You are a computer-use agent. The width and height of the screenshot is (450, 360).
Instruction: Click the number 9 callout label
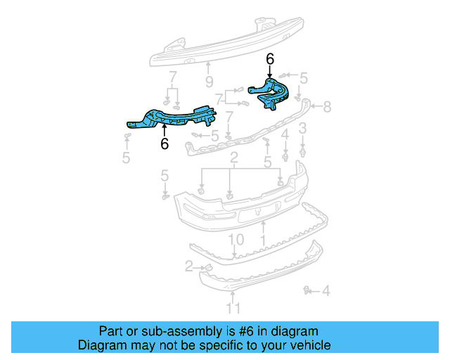tap(209, 82)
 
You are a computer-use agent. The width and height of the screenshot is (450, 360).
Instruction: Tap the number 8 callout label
tap(326, 108)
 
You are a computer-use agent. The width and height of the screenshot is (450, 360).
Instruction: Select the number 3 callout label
tap(302, 128)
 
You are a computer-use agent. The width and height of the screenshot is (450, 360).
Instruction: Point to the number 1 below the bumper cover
tap(263, 240)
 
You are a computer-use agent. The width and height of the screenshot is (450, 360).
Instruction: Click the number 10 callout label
tap(236, 240)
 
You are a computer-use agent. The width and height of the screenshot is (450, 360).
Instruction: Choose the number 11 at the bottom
tap(233, 307)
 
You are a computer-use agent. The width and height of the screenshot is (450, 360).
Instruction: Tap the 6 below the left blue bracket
tap(165, 144)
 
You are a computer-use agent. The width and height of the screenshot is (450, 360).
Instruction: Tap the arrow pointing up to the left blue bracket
tap(165, 130)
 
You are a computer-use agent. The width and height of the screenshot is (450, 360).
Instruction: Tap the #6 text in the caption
tap(247, 331)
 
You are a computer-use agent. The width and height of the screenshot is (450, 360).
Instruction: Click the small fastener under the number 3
tap(302, 149)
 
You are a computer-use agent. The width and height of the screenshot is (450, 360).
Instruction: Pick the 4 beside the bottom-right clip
tap(328, 290)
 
